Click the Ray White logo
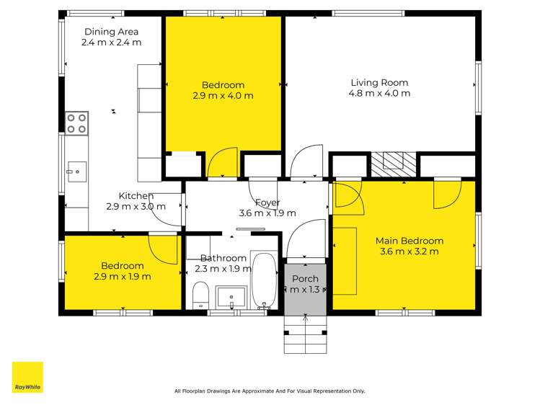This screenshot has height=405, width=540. (x=27, y=378)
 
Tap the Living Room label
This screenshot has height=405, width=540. (x=380, y=82)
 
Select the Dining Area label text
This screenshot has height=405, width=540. (x=111, y=32)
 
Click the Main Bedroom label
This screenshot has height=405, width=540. (x=409, y=241)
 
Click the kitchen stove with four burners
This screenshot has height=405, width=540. (x=76, y=123)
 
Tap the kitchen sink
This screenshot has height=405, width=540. (x=76, y=172)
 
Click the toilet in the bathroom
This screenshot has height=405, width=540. (x=201, y=295)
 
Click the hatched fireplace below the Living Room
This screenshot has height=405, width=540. (x=394, y=162)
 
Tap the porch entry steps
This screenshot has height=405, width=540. (x=305, y=335)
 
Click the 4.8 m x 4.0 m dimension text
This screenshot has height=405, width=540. (x=380, y=93)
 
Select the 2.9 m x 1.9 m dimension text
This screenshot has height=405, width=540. (x=122, y=276)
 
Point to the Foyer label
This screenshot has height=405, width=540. (x=267, y=203)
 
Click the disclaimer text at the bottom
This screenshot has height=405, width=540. (x=270, y=391)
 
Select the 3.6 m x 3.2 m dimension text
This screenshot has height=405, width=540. (x=409, y=252)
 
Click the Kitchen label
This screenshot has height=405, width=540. (x=136, y=195)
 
